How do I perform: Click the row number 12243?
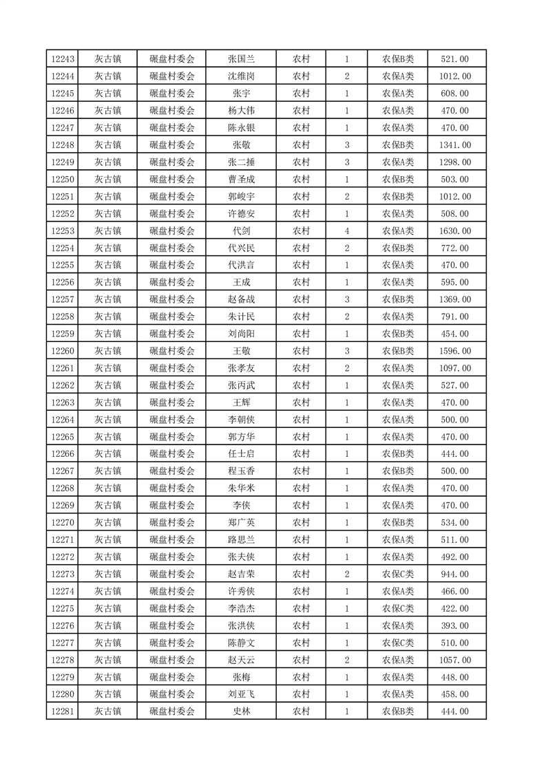[62, 59]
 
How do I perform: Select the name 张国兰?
[241, 59]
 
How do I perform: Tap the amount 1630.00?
[454, 231]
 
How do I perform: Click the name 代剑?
[241, 231]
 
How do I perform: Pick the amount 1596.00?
[454, 351]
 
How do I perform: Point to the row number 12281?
[62, 711]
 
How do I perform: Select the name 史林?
[241, 711]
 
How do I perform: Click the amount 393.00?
[454, 625]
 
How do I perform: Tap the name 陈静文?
[241, 643]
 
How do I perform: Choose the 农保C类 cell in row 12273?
[398, 574]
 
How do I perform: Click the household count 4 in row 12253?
[347, 231]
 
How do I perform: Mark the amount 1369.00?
[454, 299]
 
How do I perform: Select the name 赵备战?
[241, 299]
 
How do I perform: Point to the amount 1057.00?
[454, 660]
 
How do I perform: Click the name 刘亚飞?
[241, 694]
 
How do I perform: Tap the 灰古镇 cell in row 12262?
[107, 385]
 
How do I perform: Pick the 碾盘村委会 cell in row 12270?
[172, 522]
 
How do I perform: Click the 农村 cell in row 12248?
[301, 145]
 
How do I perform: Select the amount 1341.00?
[454, 145]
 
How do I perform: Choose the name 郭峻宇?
[241, 197]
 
